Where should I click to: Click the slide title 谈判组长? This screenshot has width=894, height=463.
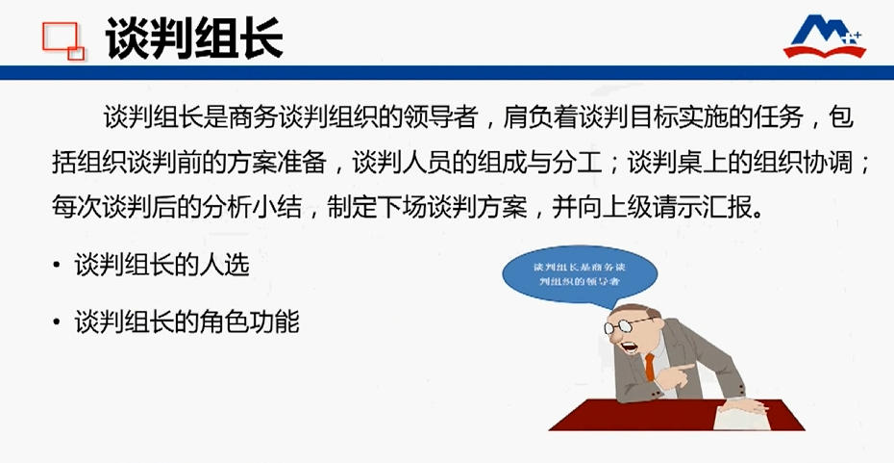click(x=194, y=39)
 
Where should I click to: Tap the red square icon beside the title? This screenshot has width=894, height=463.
click(x=63, y=40)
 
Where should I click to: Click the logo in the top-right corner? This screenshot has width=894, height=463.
click(x=825, y=36)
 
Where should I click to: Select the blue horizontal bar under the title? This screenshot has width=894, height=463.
click(x=447, y=72)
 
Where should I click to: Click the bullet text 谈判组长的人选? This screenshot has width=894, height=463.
click(x=161, y=266)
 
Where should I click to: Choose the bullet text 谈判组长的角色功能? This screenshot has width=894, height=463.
click(x=187, y=322)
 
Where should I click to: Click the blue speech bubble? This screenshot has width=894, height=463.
click(x=579, y=276)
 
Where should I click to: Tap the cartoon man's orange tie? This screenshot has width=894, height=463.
click(x=650, y=367)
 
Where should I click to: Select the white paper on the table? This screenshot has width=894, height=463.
click(x=741, y=417)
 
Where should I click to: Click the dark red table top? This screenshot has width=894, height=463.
click(x=676, y=416)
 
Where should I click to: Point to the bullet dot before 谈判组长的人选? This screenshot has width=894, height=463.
click(x=56, y=266)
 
